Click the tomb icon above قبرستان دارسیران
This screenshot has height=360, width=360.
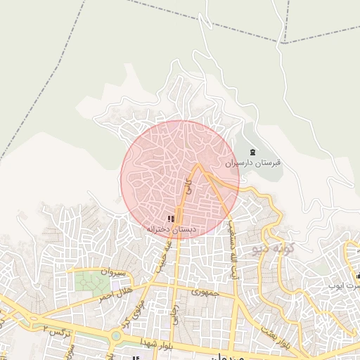coord(253,153)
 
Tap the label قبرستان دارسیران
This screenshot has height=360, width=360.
coord(253,162)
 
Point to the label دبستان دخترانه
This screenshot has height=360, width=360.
coord(172,230)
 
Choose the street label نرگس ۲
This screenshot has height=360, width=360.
coord(57,329)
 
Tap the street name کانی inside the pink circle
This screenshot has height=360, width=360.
coord(188,186)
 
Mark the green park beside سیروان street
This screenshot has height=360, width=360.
coord(89,283)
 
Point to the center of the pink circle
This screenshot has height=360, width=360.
coord(180,179)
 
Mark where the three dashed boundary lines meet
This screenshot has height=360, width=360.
coord(285,41)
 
